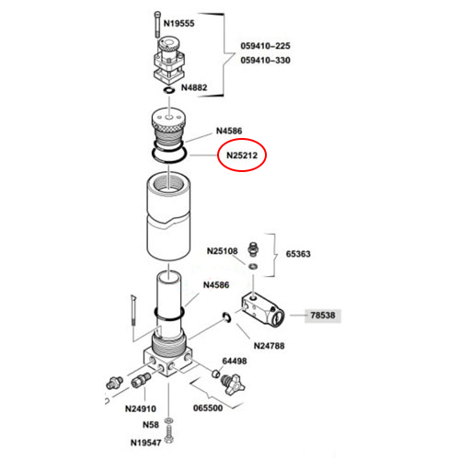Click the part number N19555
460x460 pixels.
click(x=178, y=23)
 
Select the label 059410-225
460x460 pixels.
click(x=265, y=46)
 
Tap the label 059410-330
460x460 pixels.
click(x=265, y=60)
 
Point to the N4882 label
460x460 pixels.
click(x=194, y=87)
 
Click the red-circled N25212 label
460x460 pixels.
click(x=242, y=155)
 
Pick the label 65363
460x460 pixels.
click(x=298, y=254)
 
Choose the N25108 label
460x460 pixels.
click(x=223, y=251)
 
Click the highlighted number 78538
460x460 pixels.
click(x=323, y=316)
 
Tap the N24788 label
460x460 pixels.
click(x=269, y=346)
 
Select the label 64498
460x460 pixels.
click(x=235, y=361)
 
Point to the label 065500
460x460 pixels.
click(x=208, y=408)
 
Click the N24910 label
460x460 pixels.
click(x=141, y=408)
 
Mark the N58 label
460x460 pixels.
click(x=151, y=425)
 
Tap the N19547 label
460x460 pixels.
click(x=145, y=443)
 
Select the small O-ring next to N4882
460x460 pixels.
click(x=169, y=90)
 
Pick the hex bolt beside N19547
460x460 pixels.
click(x=168, y=434)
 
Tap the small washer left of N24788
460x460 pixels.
click(x=227, y=317)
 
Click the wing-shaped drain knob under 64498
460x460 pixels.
click(x=232, y=385)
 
